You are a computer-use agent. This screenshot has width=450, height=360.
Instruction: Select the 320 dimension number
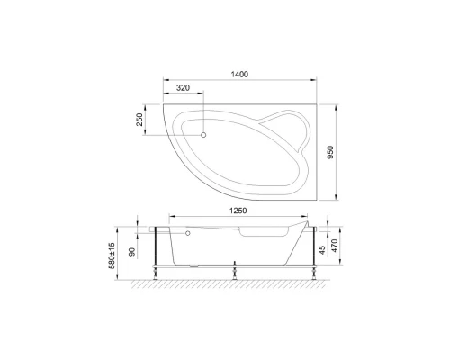pyautogui.click(x=183, y=89)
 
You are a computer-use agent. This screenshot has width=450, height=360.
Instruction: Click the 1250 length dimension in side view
pyautogui.click(x=236, y=212)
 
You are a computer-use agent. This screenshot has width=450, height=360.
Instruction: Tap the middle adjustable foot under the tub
pyautogui.click(x=236, y=270)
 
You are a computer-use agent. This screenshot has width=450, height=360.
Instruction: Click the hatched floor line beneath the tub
pyautogui.click(x=236, y=280)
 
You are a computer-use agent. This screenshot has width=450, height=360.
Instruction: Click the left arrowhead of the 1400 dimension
pyautogui.click(x=164, y=79)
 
